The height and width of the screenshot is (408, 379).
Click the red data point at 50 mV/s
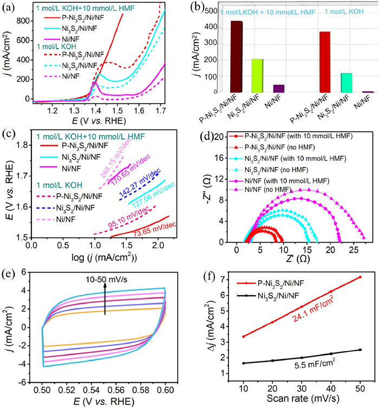click(360, 277)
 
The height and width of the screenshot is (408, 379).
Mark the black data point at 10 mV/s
click(243, 363)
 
